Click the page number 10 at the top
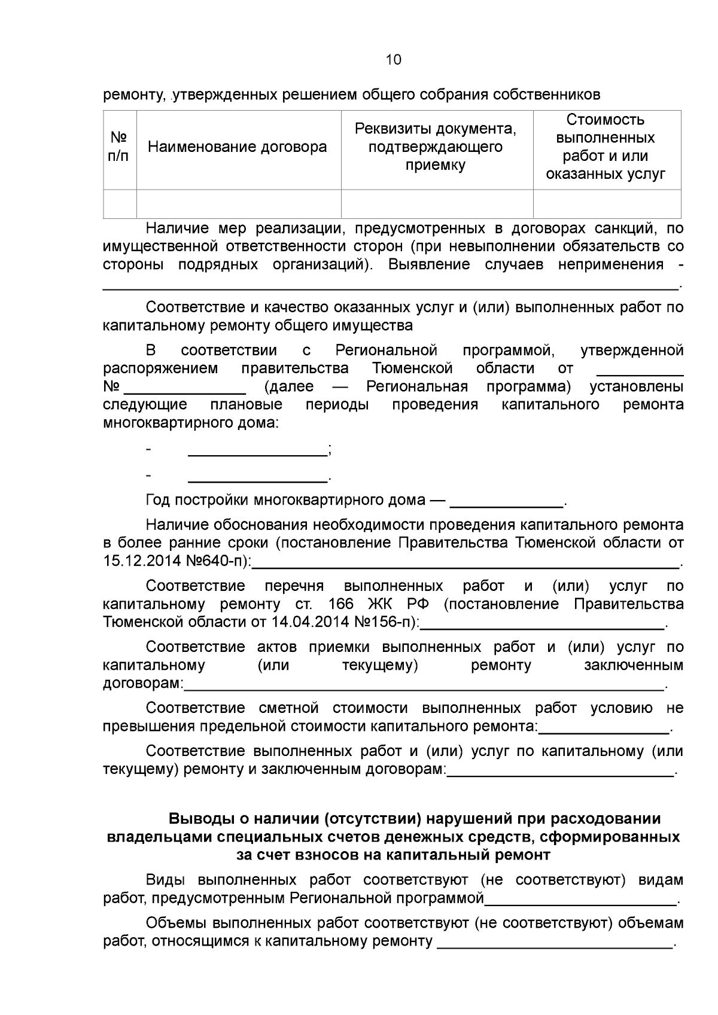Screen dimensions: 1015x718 [x=394, y=60]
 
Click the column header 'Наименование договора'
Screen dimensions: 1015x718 [x=237, y=147]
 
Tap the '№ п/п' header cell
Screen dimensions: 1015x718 [x=119, y=147]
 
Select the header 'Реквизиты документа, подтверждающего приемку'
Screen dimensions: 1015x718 [x=436, y=147]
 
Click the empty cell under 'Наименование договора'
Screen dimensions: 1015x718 [x=238, y=204]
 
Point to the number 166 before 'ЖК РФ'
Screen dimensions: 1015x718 [x=342, y=603]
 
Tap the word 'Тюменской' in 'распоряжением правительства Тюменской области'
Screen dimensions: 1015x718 [x=412, y=368]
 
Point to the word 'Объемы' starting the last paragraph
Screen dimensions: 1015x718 [x=170, y=923]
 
